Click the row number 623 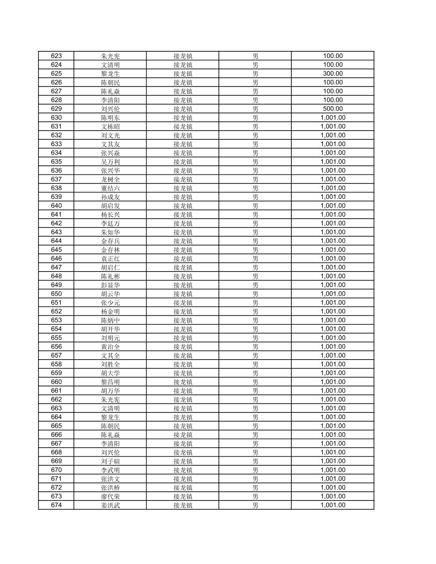[56, 56]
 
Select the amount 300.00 [333, 73]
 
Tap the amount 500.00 [333, 109]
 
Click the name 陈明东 [110, 118]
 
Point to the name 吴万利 [110, 162]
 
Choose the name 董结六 [110, 188]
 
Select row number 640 [56, 206]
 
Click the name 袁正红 [110, 259]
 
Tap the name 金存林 [110, 250]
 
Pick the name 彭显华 [110, 285]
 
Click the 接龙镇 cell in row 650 [183, 294]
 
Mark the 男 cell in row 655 [255, 338]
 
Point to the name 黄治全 [110, 347]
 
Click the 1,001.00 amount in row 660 [333, 382]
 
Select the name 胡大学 [110, 373]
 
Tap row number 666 [56, 435]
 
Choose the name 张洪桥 [110, 487]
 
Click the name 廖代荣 [110, 497]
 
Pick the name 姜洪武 [110, 505]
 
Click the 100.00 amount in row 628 [333, 100]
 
